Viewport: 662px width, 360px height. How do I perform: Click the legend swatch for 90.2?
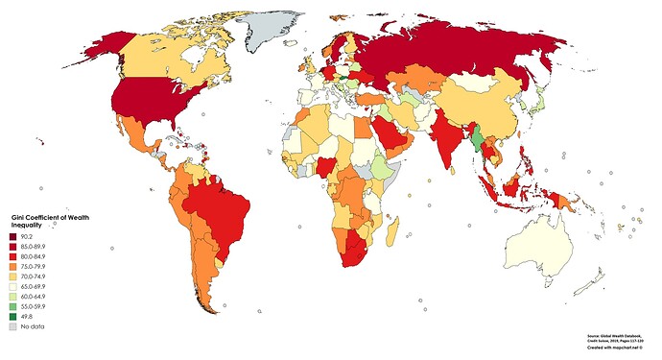[12, 236]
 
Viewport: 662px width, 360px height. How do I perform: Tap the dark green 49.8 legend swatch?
[12, 317]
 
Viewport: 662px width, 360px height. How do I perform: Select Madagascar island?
[392, 230]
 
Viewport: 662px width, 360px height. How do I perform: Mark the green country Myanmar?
[476, 142]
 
